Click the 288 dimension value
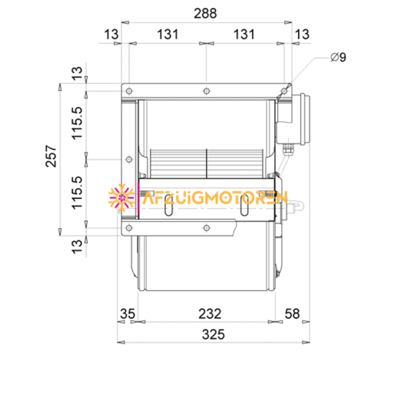click(x=205, y=13)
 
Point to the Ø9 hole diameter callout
click(x=338, y=58)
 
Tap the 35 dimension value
click(x=127, y=314)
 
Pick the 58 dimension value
click(x=293, y=314)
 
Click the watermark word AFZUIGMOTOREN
click(x=213, y=198)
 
